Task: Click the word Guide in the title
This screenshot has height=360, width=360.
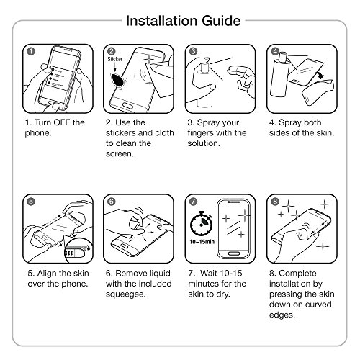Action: click(221, 21)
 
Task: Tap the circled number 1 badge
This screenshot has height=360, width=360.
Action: click(31, 51)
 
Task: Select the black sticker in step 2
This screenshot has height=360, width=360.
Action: click(117, 79)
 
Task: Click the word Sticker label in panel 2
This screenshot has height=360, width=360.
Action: click(114, 59)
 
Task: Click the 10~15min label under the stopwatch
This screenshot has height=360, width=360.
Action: click(202, 242)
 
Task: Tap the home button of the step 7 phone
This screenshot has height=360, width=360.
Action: click(233, 253)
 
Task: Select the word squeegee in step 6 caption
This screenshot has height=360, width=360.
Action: click(125, 294)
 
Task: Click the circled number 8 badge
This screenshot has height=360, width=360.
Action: click(275, 202)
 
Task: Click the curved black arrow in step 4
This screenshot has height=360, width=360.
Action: click(320, 74)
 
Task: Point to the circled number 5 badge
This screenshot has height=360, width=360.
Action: click(31, 202)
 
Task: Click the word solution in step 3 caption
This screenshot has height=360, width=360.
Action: click(204, 143)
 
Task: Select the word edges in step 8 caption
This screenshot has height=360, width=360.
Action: click(282, 315)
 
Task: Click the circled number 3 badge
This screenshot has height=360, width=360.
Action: click(193, 51)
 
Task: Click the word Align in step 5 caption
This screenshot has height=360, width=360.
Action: click(47, 274)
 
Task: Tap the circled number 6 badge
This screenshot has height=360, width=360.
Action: click(112, 202)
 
